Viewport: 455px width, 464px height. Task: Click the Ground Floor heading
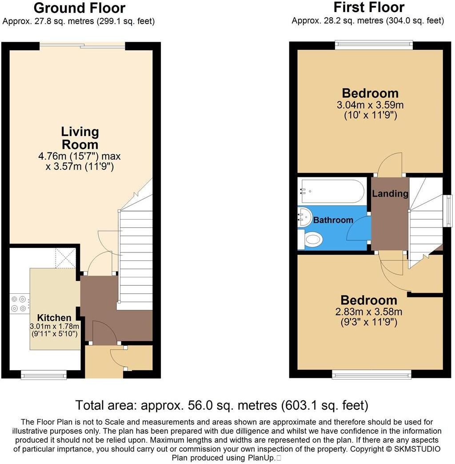coord(79,8)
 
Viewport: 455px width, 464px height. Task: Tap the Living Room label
coord(80,138)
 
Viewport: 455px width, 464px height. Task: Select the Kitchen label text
coord(54,318)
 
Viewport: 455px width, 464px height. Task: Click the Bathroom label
coord(333,220)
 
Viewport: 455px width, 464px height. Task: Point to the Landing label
coord(390,193)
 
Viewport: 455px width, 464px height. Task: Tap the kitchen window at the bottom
coord(44,376)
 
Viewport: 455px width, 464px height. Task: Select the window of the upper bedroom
coord(374,45)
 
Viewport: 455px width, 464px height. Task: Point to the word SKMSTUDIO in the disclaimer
coord(415,449)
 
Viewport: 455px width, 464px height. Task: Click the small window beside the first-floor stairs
coord(449,211)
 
